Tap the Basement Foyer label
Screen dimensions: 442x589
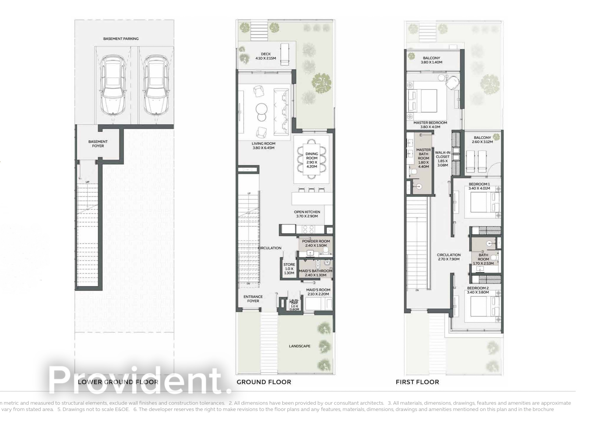tap(98, 144)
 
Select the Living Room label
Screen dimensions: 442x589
tap(264, 146)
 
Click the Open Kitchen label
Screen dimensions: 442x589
tap(307, 214)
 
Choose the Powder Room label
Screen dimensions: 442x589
tap(316, 243)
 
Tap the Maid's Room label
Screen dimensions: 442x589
tap(318, 292)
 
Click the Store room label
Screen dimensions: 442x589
tap(289, 269)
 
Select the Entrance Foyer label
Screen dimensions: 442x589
tap(253, 299)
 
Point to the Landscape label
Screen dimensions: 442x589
tap(299, 346)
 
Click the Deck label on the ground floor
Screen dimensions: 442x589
tap(265, 56)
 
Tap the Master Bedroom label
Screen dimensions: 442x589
tap(430, 125)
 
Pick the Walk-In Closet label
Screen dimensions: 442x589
tap(442, 159)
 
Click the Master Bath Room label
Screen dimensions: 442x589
tap(423, 158)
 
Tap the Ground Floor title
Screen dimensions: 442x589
tap(264, 382)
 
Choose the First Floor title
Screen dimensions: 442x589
tap(417, 382)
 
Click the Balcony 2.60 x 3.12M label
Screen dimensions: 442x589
tap(483, 140)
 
